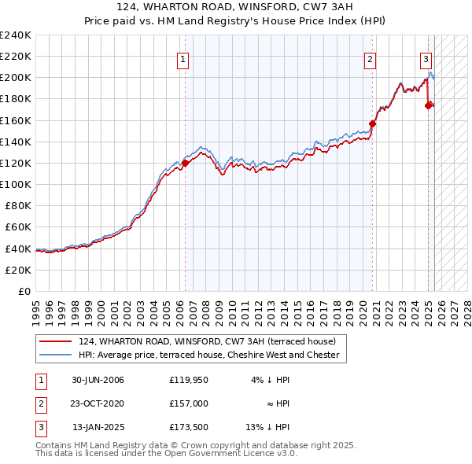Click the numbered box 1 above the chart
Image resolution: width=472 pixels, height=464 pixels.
(x=183, y=58)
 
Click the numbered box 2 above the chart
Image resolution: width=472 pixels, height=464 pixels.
(x=370, y=58)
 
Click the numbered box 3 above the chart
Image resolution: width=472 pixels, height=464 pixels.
(x=426, y=58)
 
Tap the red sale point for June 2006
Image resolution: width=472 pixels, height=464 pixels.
(x=186, y=163)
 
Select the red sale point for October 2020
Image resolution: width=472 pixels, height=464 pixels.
(x=373, y=123)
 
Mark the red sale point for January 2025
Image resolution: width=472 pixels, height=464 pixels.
(x=429, y=105)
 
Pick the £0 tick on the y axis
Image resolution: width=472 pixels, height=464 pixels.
(x=24, y=291)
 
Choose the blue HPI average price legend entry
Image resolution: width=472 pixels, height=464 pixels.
(x=208, y=355)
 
